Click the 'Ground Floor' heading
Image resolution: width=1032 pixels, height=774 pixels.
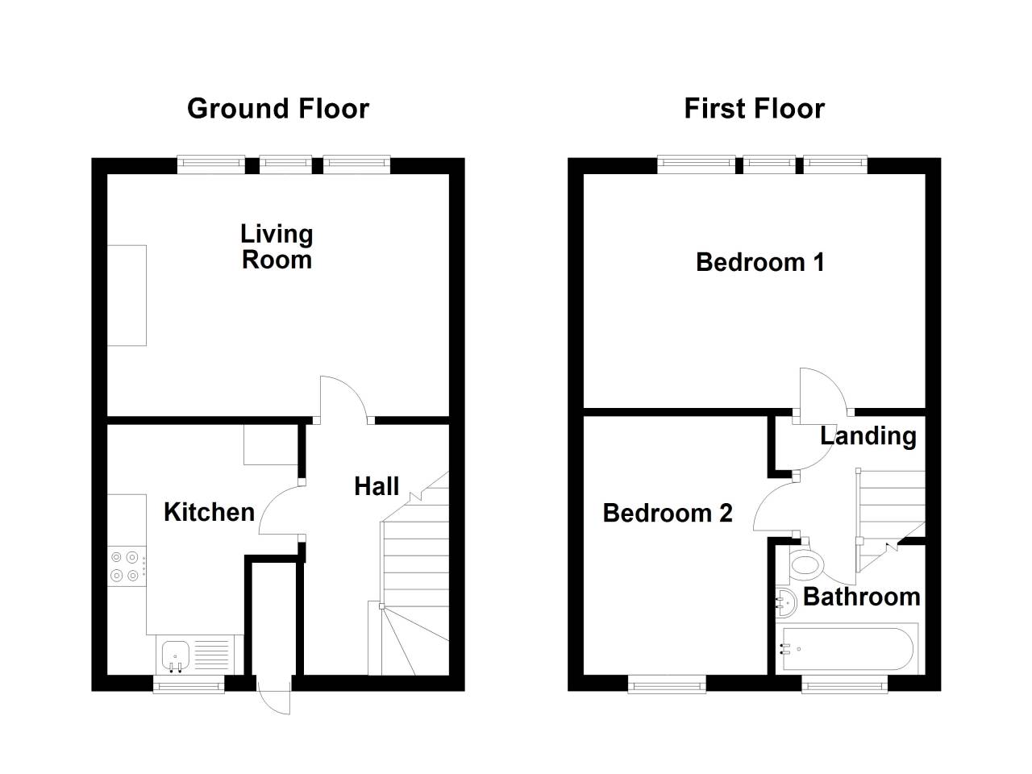pyautogui.click(x=278, y=110)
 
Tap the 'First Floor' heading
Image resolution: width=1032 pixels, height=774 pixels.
pyautogui.click(x=754, y=109)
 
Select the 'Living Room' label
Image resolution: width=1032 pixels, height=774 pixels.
pyautogui.click(x=277, y=247)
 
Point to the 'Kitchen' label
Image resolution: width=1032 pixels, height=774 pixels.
pyautogui.click(x=209, y=512)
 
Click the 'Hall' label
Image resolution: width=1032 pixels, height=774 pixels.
pyautogui.click(x=377, y=486)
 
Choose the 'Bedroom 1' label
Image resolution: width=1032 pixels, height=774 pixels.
pyautogui.click(x=759, y=262)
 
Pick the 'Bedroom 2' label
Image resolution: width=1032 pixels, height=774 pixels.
pyautogui.click(x=667, y=513)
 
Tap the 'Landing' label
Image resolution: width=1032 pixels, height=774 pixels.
pyautogui.click(x=868, y=436)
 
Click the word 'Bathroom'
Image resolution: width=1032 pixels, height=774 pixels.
pyautogui.click(x=861, y=597)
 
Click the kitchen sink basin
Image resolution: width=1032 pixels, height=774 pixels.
pyautogui.click(x=176, y=655)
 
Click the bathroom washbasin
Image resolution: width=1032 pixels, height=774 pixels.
pyautogui.click(x=785, y=601)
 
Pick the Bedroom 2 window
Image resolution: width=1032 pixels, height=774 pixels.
pyautogui.click(x=667, y=685)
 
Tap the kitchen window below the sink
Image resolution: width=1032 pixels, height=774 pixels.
pyautogui.click(x=189, y=685)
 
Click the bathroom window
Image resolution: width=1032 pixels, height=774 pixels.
pyautogui.click(x=844, y=685)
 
